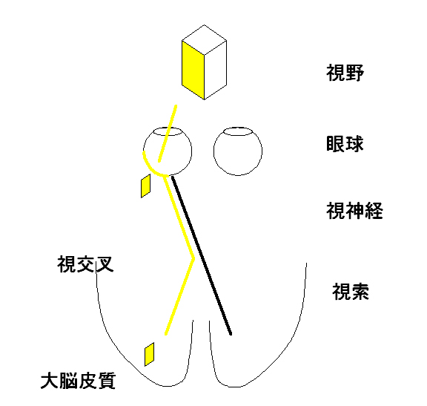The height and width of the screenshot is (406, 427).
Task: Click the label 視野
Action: [345, 73]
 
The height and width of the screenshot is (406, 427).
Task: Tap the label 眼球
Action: [345, 143]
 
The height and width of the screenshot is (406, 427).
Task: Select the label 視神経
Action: [354, 211]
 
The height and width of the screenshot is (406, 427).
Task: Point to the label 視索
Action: [351, 292]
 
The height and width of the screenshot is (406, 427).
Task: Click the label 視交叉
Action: [85, 264]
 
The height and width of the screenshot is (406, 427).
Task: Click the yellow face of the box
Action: [193, 70]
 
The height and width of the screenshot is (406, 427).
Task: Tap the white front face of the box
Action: [216, 70]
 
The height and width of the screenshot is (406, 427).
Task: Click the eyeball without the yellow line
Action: [238, 151]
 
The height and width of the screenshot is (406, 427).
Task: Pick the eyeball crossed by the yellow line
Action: [168, 151]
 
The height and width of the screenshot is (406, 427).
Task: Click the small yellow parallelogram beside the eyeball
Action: [146, 186]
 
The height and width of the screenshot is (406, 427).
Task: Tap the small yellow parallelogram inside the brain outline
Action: [149, 354]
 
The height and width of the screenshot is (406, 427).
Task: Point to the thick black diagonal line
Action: [202, 255]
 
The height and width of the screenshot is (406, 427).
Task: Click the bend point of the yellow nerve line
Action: [193, 258]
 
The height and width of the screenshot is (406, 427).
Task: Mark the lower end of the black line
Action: [231, 334]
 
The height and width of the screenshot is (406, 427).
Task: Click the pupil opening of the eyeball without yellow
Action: [238, 131]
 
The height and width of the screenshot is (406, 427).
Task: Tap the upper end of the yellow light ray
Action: [176, 105]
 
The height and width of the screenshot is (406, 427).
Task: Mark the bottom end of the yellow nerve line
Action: [166, 334]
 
